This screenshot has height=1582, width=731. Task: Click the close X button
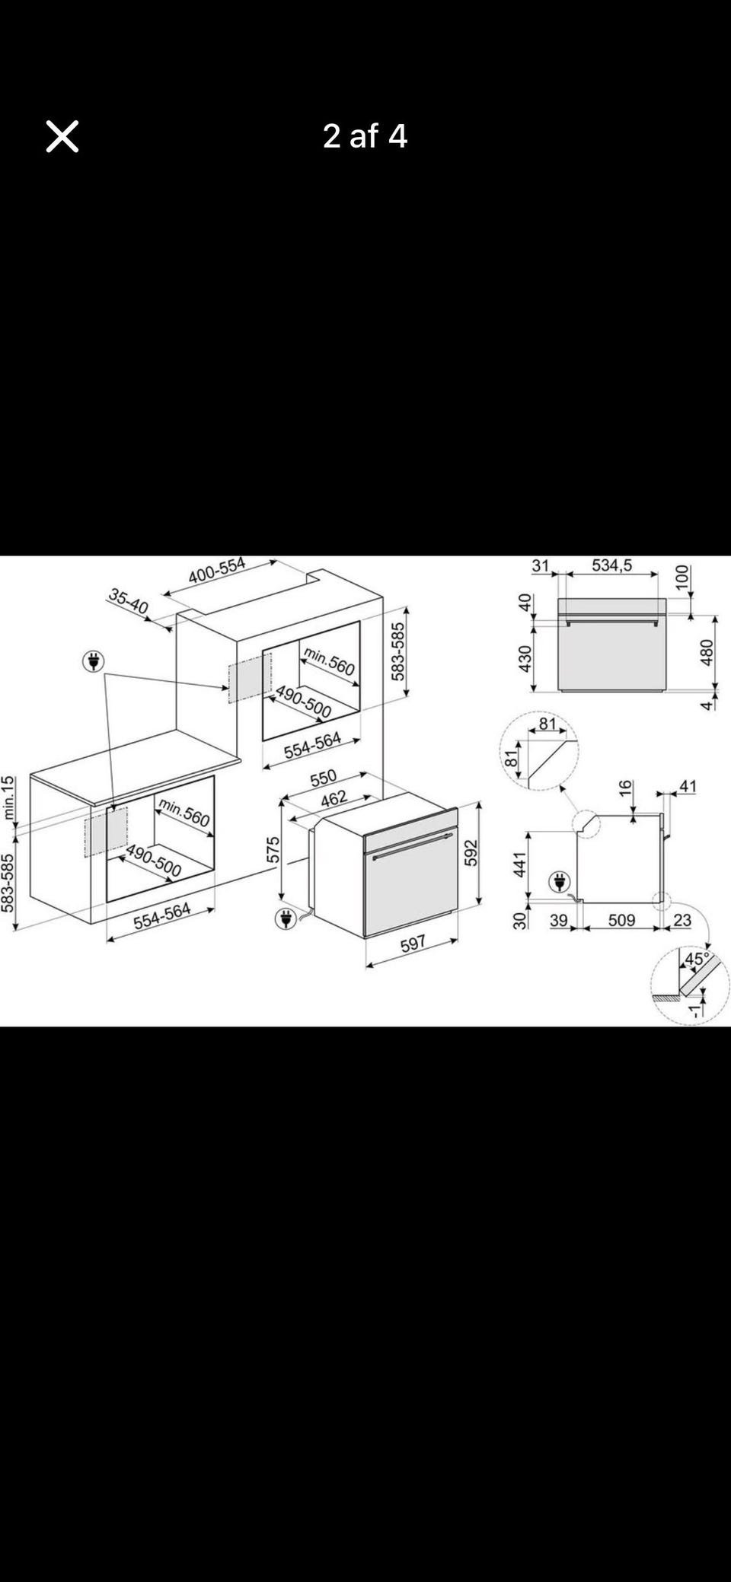point(62,137)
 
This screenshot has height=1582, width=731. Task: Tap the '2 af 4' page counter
point(365,136)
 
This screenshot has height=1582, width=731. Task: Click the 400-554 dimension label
point(217,570)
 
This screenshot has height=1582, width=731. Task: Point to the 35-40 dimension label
point(128,601)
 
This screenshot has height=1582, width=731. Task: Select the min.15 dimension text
point(8,797)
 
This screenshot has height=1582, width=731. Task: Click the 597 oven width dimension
point(413,944)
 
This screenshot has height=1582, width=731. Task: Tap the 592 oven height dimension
point(471,852)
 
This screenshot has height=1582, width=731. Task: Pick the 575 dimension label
point(273,850)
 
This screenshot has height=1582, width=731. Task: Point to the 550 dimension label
point(324,778)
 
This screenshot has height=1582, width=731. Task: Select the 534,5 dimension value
point(612,565)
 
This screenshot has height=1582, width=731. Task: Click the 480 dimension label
point(707,653)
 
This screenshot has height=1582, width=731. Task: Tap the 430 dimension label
point(525,659)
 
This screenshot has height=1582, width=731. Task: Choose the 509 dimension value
point(621,920)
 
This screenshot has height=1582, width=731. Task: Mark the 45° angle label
point(697,959)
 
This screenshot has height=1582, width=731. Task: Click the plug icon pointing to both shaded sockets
point(94,662)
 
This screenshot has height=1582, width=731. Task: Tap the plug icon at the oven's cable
point(286,918)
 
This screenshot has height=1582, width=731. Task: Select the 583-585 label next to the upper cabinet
point(397,652)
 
